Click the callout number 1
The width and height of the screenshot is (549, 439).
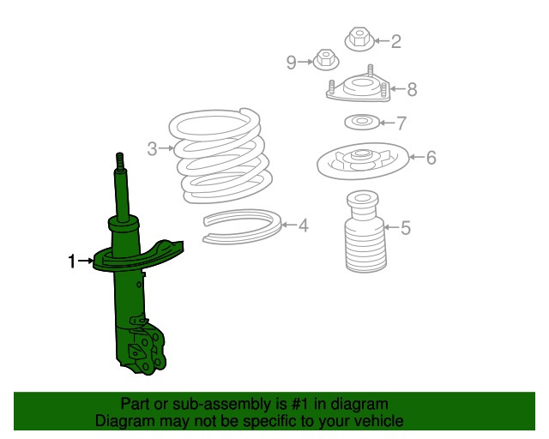(x=72, y=262)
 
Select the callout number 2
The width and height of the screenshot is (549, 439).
(x=395, y=41)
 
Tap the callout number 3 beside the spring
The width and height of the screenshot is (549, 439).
(x=153, y=148)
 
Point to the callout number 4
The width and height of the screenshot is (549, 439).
(x=304, y=226)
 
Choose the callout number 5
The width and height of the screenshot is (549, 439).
(x=406, y=227)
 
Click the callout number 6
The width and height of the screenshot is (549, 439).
(x=431, y=157)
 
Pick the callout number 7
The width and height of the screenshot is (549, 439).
(x=401, y=123)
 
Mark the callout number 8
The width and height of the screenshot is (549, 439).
(x=412, y=89)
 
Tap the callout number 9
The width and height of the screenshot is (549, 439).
(x=292, y=63)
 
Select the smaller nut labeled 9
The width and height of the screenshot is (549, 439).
(x=326, y=59)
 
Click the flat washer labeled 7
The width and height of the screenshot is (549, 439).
(x=362, y=122)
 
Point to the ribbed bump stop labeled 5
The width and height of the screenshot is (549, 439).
(x=365, y=232)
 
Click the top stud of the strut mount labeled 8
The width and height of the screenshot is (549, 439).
(x=370, y=69)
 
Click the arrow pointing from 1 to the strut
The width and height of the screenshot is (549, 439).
(x=86, y=261)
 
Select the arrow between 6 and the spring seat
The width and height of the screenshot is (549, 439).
(x=417, y=157)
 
